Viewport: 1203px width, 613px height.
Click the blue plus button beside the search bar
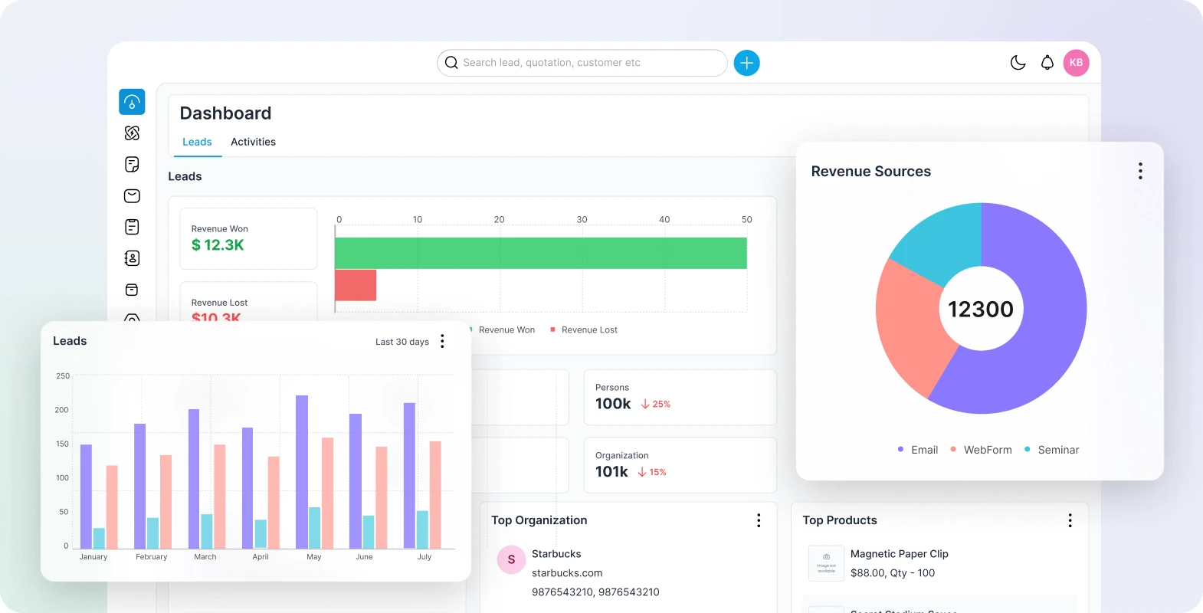pyautogui.click(x=746, y=63)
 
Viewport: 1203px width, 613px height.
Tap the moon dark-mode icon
pyautogui.click(x=1018, y=63)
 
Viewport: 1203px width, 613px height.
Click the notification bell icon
pyautogui.click(x=1047, y=63)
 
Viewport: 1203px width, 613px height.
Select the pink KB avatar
pyautogui.click(x=1076, y=63)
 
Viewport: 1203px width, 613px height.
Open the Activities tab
pyautogui.click(x=253, y=142)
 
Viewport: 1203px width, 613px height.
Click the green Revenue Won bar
pyautogui.click(x=540, y=253)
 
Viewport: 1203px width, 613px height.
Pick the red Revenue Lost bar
pyautogui.click(x=356, y=285)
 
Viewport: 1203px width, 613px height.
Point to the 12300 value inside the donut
pyautogui.click(x=981, y=309)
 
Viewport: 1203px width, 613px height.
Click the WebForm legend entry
pyautogui.click(x=987, y=450)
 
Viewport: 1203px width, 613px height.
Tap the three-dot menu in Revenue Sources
pyautogui.click(x=1140, y=171)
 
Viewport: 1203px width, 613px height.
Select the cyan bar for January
pyautogui.click(x=99, y=538)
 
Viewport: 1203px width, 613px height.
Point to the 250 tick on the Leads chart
pyautogui.click(x=63, y=376)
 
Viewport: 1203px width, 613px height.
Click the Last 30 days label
pyautogui.click(x=402, y=342)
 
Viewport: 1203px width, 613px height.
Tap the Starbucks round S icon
pyautogui.click(x=511, y=559)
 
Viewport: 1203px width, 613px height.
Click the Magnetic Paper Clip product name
pyautogui.click(x=899, y=554)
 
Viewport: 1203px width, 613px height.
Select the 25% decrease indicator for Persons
pyautogui.click(x=656, y=404)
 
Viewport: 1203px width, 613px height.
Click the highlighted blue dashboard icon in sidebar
pyautogui.click(x=132, y=102)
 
